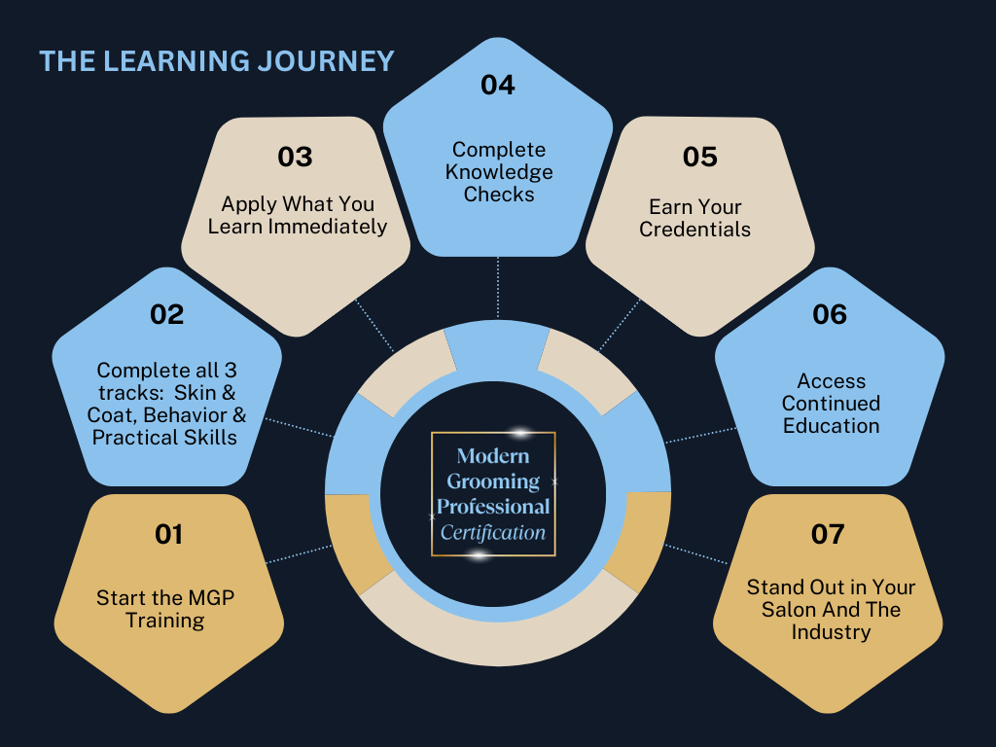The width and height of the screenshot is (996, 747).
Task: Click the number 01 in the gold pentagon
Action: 168,534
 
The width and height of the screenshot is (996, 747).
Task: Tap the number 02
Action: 167,314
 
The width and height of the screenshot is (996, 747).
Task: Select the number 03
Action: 295,157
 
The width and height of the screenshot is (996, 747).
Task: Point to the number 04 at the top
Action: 497,85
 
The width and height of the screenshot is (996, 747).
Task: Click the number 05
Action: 699,157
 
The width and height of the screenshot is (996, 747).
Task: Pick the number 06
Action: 830,314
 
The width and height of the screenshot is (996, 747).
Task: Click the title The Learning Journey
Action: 217,60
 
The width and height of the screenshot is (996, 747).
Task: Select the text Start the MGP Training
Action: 165,609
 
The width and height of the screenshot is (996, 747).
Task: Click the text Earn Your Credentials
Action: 695,218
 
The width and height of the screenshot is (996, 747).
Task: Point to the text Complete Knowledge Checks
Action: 499,172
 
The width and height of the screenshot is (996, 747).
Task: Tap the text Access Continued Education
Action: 831,403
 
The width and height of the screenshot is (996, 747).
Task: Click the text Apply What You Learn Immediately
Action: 298,215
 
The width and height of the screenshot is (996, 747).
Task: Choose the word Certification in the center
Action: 493,532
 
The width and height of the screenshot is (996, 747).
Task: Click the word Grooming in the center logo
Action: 492,480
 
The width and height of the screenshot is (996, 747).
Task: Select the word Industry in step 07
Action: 831,632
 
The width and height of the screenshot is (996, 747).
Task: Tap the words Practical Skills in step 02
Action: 164,437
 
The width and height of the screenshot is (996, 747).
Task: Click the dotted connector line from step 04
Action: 498,288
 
